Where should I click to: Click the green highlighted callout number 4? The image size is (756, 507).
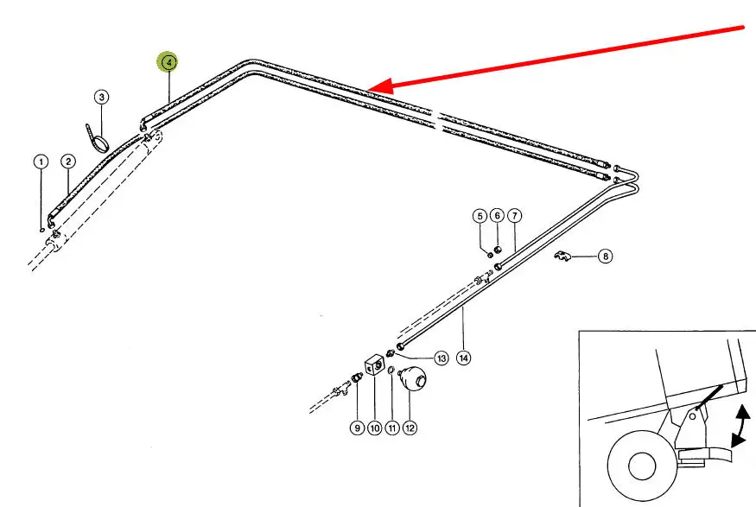tap(168, 62)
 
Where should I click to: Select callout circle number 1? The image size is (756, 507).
tap(41, 162)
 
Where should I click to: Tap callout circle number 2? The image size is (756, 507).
tap(68, 162)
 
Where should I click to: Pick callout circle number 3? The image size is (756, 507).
tap(101, 97)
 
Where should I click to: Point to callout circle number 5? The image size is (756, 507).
tap(480, 216)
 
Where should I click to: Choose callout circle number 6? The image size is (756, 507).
tap(497, 215)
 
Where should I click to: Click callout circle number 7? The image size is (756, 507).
tap(515, 216)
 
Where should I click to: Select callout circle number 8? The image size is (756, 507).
tap(606, 256)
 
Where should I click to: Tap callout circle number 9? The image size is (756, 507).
tap(357, 428)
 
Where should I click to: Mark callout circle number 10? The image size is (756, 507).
tap(375, 428)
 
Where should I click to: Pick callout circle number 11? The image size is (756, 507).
tap(392, 428)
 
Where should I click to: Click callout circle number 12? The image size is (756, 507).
tap(410, 428)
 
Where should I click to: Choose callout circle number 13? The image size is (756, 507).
tap(442, 358)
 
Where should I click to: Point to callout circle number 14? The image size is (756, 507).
tap(463, 358)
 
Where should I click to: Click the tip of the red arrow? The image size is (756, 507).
tap(367, 89)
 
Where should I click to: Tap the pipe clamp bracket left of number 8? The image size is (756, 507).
tap(562, 256)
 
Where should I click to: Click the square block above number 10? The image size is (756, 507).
tap(374, 364)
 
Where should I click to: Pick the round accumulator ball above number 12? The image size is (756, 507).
tap(412, 377)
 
